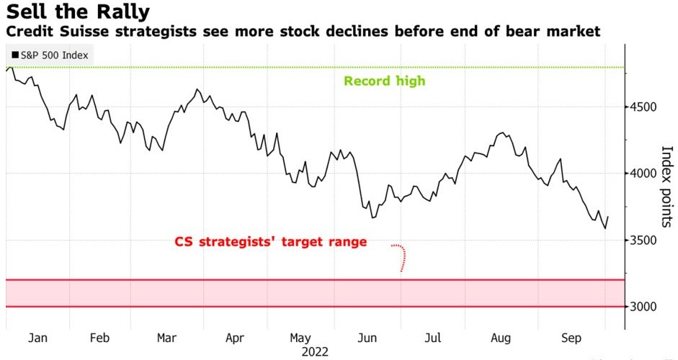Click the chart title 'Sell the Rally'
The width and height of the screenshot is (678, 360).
(x=78, y=12)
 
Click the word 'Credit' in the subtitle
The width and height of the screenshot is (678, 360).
(x=25, y=32)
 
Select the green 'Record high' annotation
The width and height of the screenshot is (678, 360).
(x=384, y=81)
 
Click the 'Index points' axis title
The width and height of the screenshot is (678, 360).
(x=666, y=184)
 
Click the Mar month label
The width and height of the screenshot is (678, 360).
(x=167, y=337)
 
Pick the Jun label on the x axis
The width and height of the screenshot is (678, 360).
(x=368, y=337)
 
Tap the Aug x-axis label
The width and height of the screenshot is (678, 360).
(x=501, y=337)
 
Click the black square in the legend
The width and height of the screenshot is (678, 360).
(x=15, y=55)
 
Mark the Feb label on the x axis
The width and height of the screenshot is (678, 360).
(x=100, y=337)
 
